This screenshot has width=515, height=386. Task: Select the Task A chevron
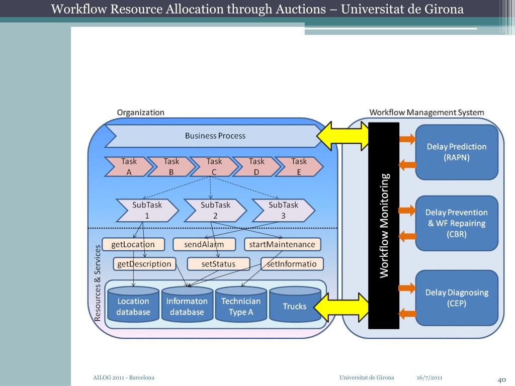click(x=129, y=167)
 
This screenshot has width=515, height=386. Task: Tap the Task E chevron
click(x=299, y=167)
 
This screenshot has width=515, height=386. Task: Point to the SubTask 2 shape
click(x=215, y=211)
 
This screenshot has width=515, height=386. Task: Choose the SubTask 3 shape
click(x=283, y=211)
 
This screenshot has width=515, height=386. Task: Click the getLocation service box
click(x=133, y=244)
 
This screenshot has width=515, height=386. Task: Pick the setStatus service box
click(x=218, y=264)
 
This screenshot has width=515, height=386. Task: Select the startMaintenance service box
click(x=282, y=244)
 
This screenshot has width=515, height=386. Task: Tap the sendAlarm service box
click(x=204, y=244)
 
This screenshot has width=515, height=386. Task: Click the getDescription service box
click(x=144, y=264)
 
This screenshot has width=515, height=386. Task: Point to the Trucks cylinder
click(x=295, y=304)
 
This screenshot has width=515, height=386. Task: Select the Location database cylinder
click(x=133, y=304)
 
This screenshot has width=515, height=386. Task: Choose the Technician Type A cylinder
click(x=241, y=304)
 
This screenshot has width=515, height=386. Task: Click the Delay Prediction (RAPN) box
click(x=457, y=152)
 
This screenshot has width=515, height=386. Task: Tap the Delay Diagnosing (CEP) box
click(x=457, y=298)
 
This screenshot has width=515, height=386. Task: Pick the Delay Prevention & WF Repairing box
click(x=457, y=223)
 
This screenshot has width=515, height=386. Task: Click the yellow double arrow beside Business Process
click(x=342, y=136)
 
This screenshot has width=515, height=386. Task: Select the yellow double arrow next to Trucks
click(x=341, y=307)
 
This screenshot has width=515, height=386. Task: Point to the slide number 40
click(x=501, y=380)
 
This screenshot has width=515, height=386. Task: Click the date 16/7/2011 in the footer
click(x=430, y=377)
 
